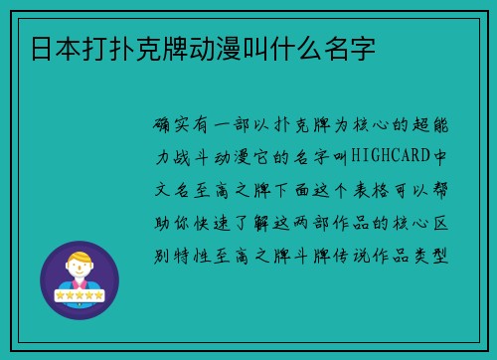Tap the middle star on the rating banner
point(80,296)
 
